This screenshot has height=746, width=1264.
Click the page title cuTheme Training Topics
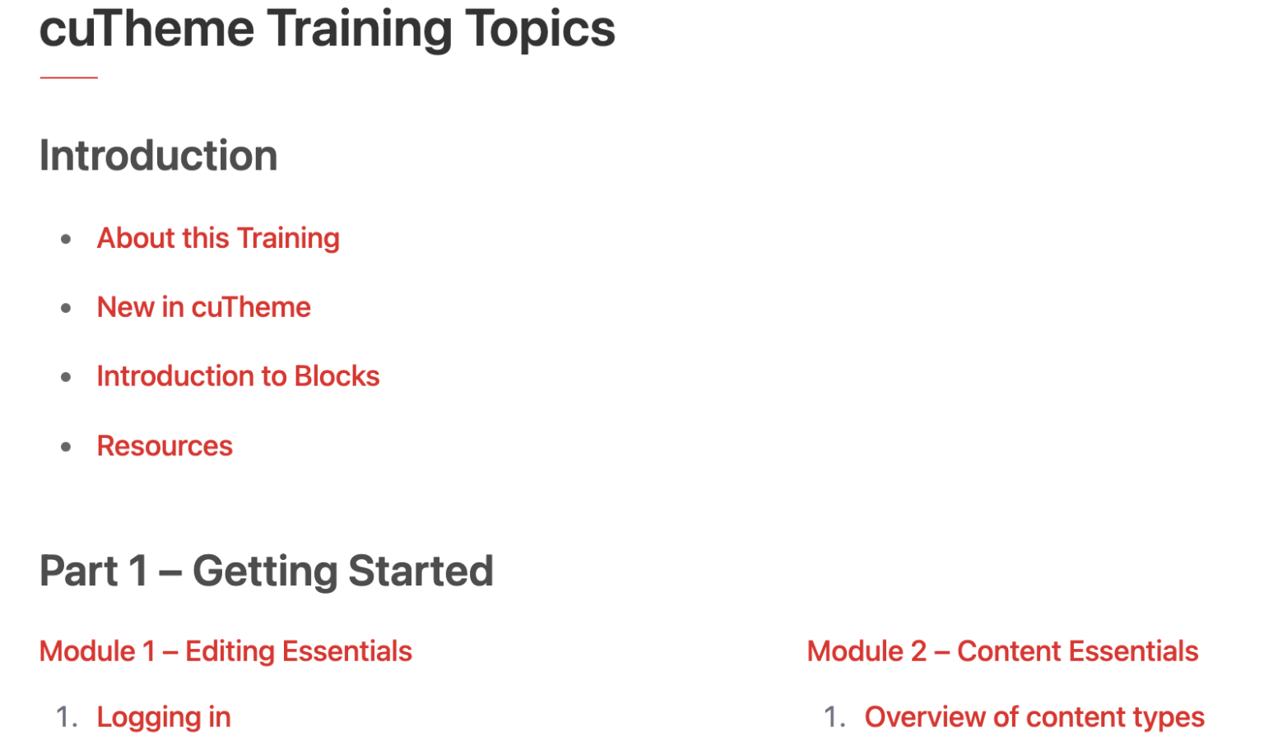click(x=328, y=30)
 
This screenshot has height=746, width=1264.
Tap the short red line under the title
click(x=69, y=77)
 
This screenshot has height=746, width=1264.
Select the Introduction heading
click(x=159, y=156)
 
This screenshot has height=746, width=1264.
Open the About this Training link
click(x=218, y=238)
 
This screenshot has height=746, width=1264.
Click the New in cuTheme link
click(x=204, y=307)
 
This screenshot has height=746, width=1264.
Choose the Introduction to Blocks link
click(x=238, y=376)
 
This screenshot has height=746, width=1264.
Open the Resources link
click(x=165, y=445)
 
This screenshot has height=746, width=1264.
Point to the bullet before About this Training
click(x=66, y=239)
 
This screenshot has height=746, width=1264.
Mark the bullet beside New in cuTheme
click(x=66, y=308)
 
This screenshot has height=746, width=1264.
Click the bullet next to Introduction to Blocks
click(x=66, y=377)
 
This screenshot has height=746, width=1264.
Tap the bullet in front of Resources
click(x=66, y=447)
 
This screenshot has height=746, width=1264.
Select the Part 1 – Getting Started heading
click(x=267, y=571)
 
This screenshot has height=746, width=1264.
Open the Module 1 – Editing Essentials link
click(x=225, y=651)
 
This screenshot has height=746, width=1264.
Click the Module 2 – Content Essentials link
click(x=1003, y=651)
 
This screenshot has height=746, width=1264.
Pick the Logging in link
click(x=164, y=718)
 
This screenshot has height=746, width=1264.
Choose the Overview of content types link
click(x=1035, y=718)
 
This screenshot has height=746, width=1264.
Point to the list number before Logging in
click(x=67, y=718)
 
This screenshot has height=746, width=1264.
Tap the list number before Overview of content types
click(x=834, y=718)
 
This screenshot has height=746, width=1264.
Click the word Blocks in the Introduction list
click(x=337, y=376)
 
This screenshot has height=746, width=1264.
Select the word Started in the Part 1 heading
click(x=421, y=571)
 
